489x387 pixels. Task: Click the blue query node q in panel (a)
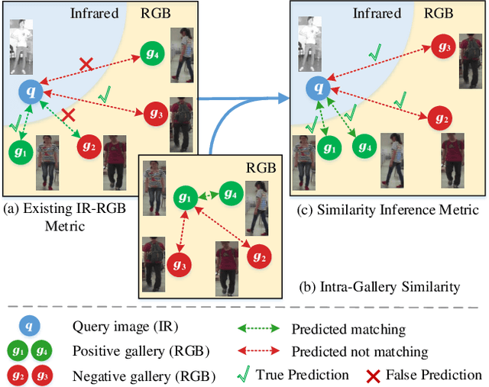coord(31,93)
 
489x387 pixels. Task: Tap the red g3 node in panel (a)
coord(154,114)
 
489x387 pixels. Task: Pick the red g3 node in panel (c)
coord(441,46)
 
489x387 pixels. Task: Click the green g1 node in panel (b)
coord(183,197)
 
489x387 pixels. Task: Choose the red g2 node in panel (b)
coord(260,257)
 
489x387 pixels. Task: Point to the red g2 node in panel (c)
coord(439,118)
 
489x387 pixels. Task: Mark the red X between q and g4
coord(86,64)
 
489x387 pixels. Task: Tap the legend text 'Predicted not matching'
coord(360,352)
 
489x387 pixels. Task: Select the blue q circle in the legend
coord(30,327)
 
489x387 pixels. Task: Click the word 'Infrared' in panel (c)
coord(377,13)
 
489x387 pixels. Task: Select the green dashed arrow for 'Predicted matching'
coord(257,329)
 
